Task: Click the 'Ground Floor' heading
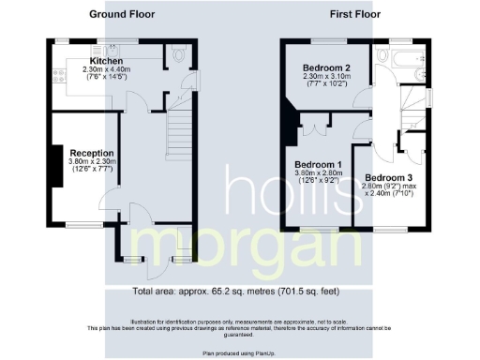click(x=122, y=15)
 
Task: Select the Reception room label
click(x=91, y=153)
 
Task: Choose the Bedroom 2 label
click(x=327, y=68)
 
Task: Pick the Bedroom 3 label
click(x=387, y=178)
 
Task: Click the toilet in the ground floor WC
click(x=182, y=58)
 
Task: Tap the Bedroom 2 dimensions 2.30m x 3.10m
click(x=327, y=79)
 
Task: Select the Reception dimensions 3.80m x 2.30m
click(x=91, y=162)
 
